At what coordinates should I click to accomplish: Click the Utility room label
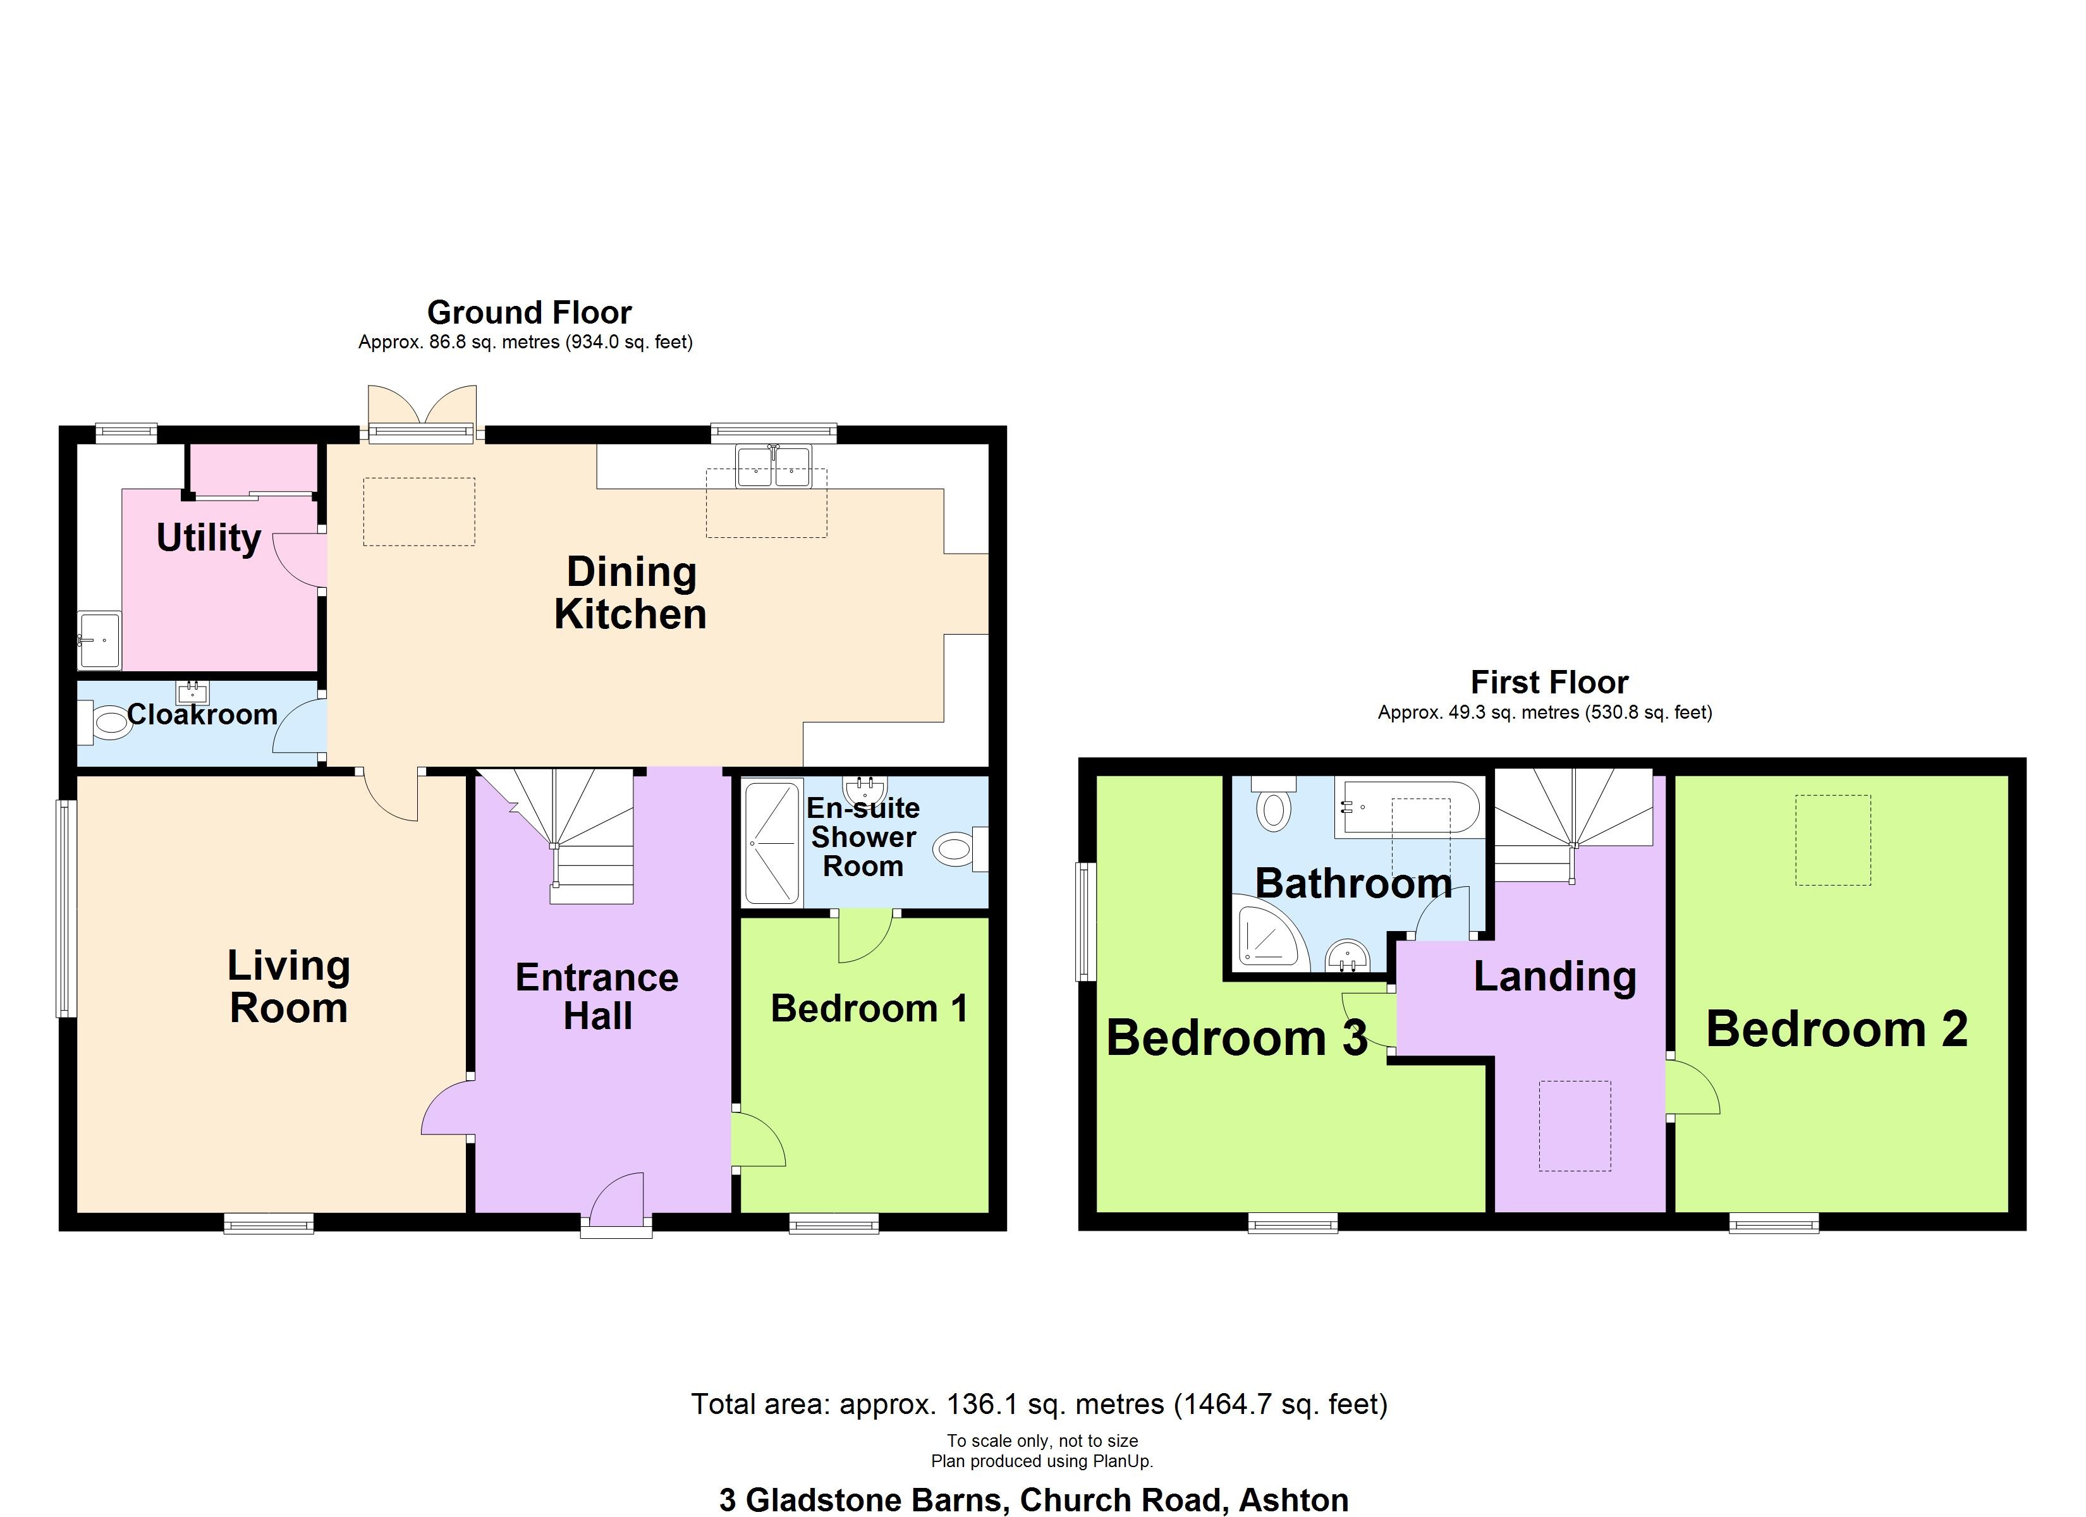(209, 538)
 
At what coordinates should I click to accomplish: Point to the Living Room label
(289, 987)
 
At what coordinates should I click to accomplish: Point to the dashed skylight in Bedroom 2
(1833, 840)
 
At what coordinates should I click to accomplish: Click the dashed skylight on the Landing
(1575, 1126)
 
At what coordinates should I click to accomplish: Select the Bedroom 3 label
(1236, 1038)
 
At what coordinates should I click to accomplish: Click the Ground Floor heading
(529, 313)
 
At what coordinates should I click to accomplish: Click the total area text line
(1039, 1404)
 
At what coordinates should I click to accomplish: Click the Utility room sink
(99, 640)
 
